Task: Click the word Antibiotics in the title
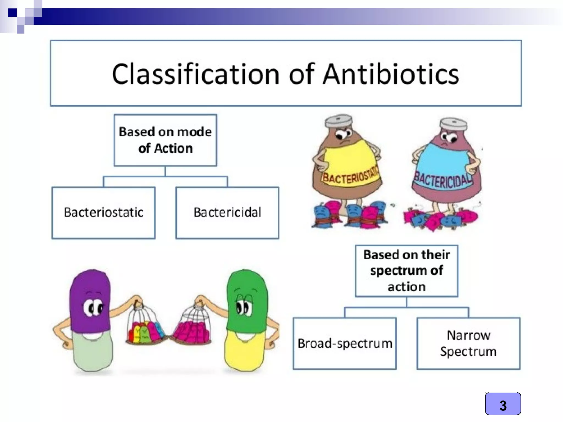pos(390,74)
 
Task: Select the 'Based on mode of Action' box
pos(165,140)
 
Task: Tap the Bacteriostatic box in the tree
pos(104,212)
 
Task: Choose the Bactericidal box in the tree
pos(227,212)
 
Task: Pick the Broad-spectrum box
pos(345,343)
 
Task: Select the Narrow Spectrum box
pos(468,343)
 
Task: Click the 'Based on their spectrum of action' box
pos(407,271)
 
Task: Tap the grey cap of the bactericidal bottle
pos(453,124)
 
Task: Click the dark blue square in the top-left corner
pos(12,13)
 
